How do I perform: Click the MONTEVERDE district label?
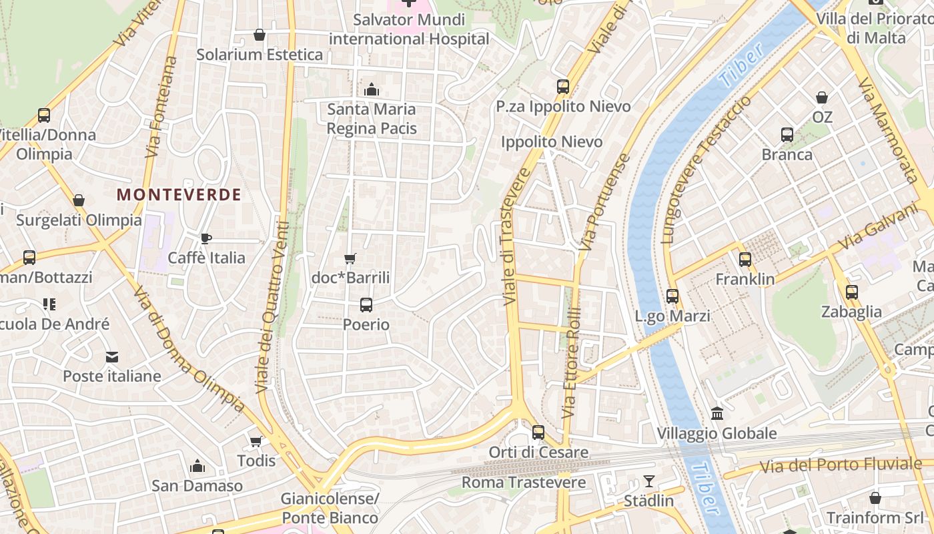point(179,194)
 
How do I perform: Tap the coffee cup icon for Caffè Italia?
point(206,238)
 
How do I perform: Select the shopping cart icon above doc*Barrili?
point(350,258)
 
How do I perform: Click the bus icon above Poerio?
point(366,305)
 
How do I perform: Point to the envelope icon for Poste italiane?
point(112,357)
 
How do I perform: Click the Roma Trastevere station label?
point(524,482)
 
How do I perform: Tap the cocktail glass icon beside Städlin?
point(648,481)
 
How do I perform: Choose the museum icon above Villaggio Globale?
point(717,414)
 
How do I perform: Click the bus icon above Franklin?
point(745,260)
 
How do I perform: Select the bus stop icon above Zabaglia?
point(851,292)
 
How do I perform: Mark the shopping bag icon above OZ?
point(822,97)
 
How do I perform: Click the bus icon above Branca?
point(787,135)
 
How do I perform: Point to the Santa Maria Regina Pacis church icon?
point(372,89)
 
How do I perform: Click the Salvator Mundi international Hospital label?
point(409,29)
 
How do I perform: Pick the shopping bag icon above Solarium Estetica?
point(260,35)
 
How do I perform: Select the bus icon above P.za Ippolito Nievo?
point(563,87)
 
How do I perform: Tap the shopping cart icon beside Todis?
point(256,441)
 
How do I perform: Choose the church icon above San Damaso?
point(197,466)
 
